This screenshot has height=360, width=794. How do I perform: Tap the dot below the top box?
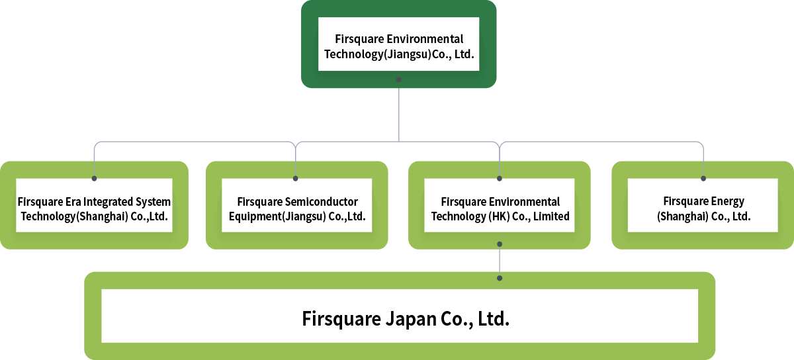399,79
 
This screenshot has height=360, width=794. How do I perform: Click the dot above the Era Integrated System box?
95,178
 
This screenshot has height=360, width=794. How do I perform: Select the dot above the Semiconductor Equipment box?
296,178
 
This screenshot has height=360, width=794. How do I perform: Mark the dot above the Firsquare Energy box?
703,178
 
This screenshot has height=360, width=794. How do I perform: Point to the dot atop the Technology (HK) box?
500,178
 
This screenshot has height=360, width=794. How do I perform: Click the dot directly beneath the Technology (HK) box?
500,244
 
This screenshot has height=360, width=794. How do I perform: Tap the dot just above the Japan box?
500,278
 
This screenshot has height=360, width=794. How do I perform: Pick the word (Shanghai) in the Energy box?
680,216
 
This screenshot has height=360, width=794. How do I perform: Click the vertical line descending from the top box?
399,112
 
